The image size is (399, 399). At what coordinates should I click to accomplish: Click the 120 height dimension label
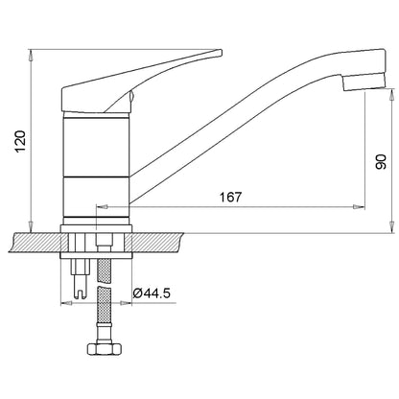20,142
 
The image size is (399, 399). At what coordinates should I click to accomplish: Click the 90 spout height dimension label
381,162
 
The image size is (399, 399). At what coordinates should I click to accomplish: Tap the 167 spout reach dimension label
230,197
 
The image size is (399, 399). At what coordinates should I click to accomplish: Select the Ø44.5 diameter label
152,293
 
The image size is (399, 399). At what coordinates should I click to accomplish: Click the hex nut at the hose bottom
105,348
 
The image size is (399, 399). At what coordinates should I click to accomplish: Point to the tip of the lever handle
221,52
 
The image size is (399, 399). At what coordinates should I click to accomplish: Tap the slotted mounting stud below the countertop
80,278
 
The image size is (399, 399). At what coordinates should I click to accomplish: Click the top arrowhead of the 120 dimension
31,55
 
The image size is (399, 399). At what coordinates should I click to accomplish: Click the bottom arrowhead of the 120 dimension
31,227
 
